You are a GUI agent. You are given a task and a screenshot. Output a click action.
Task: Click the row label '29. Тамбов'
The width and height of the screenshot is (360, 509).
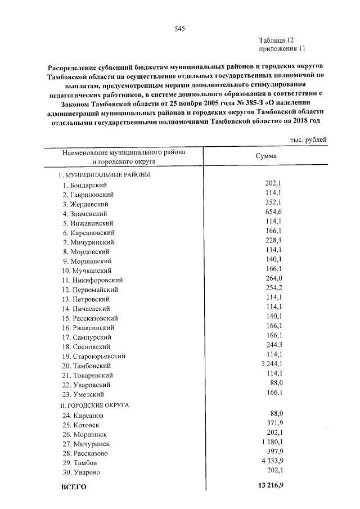(x=80, y=462)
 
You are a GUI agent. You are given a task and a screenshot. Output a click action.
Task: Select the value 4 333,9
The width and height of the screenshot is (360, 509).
(x=270, y=460)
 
